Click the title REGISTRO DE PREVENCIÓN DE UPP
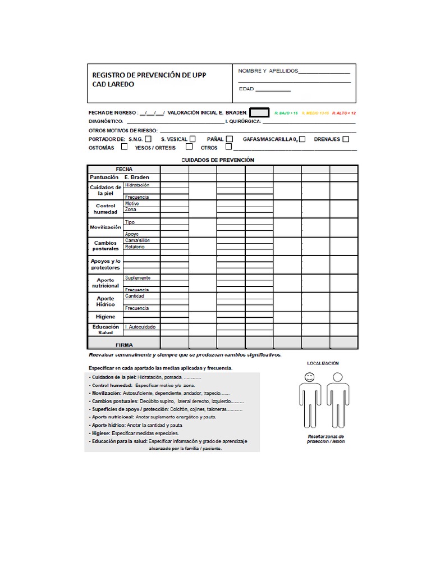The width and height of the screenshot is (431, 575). [x=149, y=75]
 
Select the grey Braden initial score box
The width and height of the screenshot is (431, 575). [x=259, y=112]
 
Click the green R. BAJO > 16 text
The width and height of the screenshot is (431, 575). [x=286, y=113]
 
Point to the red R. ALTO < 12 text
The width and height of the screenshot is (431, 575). [x=343, y=113]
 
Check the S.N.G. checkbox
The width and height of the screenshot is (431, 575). [x=148, y=139]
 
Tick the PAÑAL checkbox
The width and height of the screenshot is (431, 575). [x=230, y=139]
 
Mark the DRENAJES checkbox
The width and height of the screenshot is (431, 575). [x=346, y=139]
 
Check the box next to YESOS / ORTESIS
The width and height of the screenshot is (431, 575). [x=189, y=147]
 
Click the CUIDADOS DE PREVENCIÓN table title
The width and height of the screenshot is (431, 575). [x=218, y=160]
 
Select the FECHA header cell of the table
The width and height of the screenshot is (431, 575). [x=124, y=169]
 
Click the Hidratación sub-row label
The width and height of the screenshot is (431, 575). [x=137, y=185]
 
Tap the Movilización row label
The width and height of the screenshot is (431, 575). [x=106, y=227]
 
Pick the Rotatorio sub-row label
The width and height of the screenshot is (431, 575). [x=135, y=247]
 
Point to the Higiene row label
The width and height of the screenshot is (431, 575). [x=106, y=317]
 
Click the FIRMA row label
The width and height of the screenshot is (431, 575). [x=124, y=344]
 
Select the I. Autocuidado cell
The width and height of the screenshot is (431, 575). [x=140, y=327]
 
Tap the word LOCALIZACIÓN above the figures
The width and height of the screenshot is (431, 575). [x=322, y=363]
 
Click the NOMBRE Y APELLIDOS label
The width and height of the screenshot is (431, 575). [x=268, y=71]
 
